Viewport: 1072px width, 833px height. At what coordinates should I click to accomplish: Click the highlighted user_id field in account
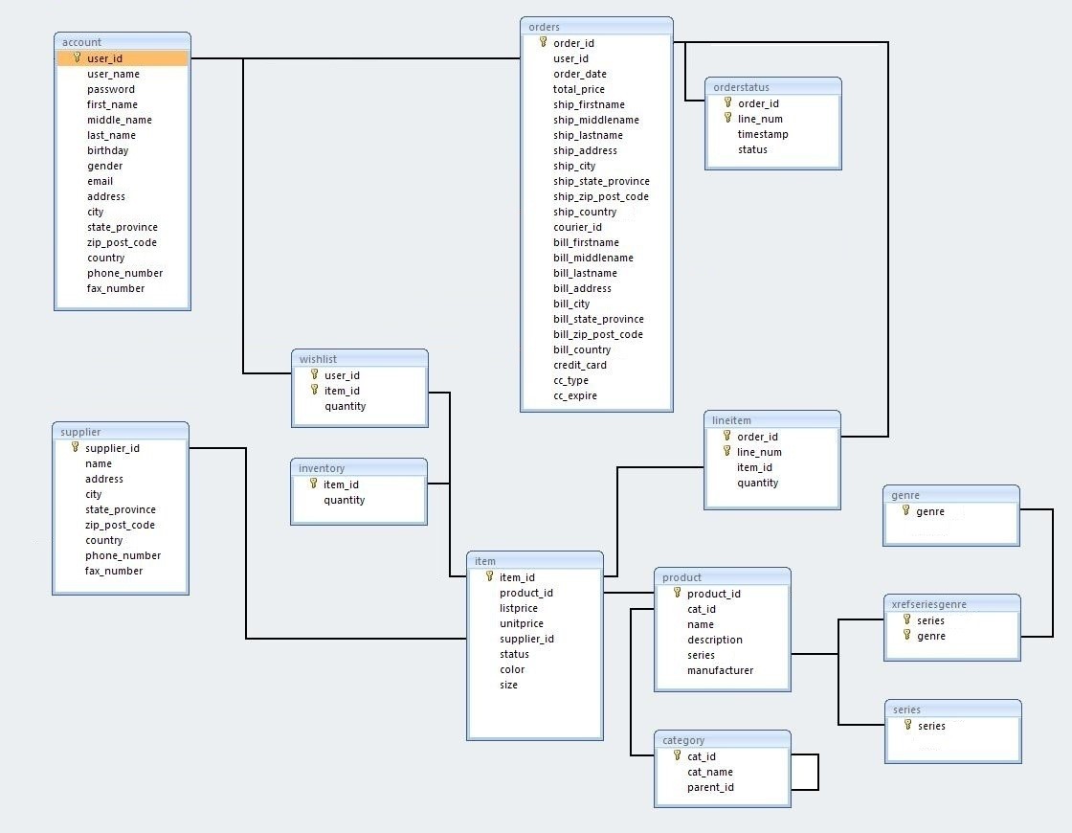(x=105, y=58)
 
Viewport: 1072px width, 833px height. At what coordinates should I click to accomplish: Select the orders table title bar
(x=595, y=26)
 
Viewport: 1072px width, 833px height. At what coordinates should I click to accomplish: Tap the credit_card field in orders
(x=579, y=365)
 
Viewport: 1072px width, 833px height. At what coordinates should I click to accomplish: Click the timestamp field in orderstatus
(x=763, y=134)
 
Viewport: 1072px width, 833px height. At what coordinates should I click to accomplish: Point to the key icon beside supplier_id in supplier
(x=75, y=447)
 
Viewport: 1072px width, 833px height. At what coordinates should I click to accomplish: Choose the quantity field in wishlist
(x=345, y=406)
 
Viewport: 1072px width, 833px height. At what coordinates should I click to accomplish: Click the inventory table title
(x=322, y=468)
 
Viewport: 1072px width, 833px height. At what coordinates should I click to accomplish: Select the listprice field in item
(x=519, y=608)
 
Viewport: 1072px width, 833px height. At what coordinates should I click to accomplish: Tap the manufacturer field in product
(x=720, y=670)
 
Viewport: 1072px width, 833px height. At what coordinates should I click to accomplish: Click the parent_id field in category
(x=710, y=787)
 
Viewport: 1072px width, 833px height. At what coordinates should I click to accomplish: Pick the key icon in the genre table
(x=905, y=510)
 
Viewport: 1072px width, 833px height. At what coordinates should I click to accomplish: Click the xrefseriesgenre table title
(x=928, y=604)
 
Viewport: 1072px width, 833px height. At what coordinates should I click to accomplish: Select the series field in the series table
(x=931, y=726)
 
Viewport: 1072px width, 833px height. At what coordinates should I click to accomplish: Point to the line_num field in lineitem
(x=759, y=452)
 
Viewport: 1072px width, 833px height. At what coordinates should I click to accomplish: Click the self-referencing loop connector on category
(x=817, y=772)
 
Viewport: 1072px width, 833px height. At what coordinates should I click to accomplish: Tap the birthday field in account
(x=107, y=150)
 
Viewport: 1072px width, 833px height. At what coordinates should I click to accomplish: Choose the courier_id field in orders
(x=577, y=227)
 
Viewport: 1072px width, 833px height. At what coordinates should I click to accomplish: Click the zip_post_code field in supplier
(x=120, y=525)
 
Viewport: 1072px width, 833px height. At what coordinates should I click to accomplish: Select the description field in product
(x=714, y=640)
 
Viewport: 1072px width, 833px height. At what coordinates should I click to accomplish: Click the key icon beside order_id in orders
(x=543, y=42)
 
